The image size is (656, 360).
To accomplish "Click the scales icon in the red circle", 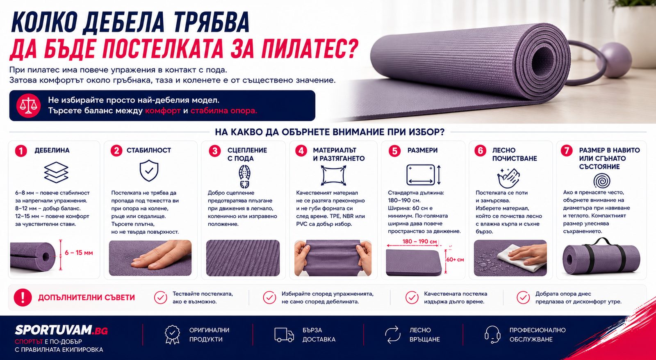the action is (x=28, y=106).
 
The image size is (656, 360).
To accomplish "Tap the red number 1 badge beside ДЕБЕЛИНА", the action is (x=21, y=151).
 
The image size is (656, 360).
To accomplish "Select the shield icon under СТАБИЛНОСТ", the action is (x=149, y=171).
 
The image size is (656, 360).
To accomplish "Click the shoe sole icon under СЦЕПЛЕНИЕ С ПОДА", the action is (x=244, y=176).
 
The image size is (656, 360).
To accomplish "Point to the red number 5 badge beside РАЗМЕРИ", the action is (x=394, y=151).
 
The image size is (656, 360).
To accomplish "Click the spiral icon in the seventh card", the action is (x=602, y=180).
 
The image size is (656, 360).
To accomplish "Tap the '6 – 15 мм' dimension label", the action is (x=79, y=253).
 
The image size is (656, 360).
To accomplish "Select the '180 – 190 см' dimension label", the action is (x=419, y=242).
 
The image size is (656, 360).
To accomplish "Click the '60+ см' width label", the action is (x=455, y=260).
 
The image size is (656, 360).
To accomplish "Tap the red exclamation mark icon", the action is (x=23, y=298).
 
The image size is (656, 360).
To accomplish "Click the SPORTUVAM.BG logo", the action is (x=61, y=330).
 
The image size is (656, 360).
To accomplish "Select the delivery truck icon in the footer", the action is (x=284, y=335).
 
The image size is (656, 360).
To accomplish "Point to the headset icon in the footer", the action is (x=492, y=335).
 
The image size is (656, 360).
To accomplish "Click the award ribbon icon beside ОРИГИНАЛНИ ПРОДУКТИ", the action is (x=172, y=335).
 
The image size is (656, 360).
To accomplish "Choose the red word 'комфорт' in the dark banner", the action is (x=163, y=111).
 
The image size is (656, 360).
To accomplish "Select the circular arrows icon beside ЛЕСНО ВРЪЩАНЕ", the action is (x=392, y=335).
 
